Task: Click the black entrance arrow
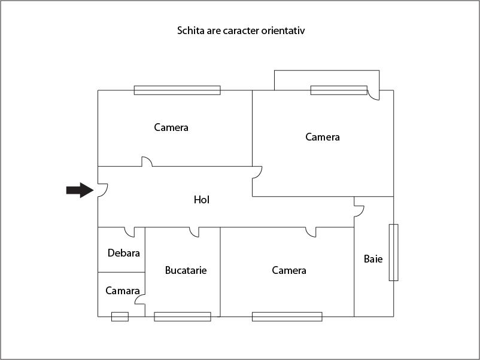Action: coord(80,190)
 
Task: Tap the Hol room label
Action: coord(202,200)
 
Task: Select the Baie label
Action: coord(373,259)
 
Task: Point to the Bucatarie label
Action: coord(186,270)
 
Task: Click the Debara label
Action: coord(124,253)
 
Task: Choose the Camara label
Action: coord(123,291)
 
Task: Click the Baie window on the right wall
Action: coord(394,252)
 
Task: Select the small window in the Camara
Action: coord(120,316)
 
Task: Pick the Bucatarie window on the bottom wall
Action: coord(183,316)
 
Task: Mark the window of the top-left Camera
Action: coord(177,90)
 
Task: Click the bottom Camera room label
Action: coord(289,270)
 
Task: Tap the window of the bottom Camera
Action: coord(287,316)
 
